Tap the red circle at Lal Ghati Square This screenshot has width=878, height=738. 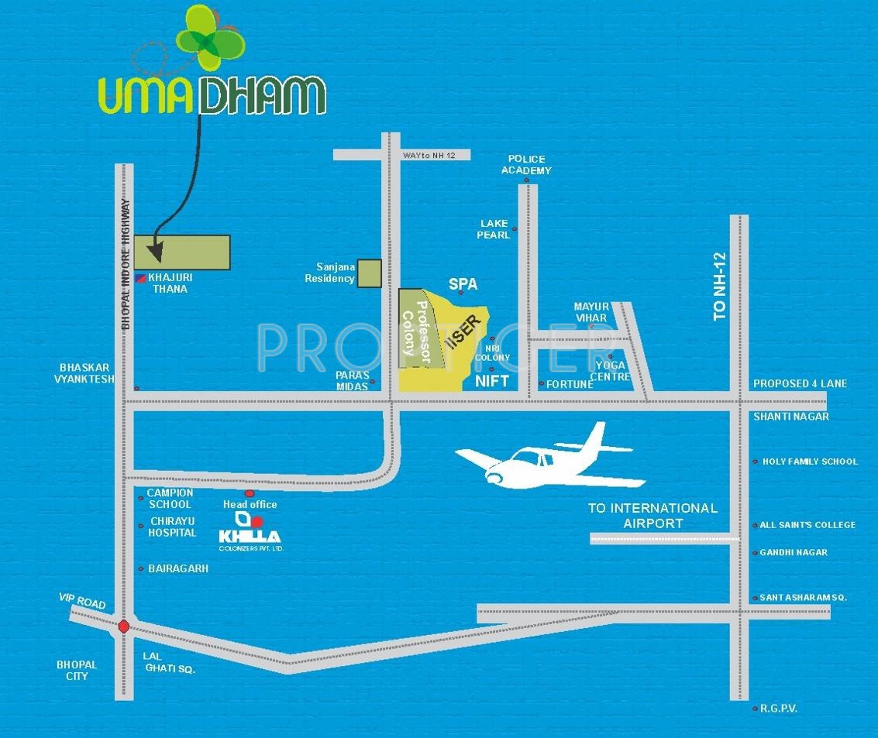click(x=123, y=626)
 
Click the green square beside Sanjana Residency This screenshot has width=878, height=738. click(x=369, y=273)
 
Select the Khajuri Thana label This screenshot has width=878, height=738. click(x=167, y=283)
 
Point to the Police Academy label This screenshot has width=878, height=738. click(x=526, y=164)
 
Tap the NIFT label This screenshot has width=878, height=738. click(x=492, y=381)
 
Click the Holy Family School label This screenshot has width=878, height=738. click(x=810, y=462)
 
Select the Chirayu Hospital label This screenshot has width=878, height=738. click(x=173, y=527)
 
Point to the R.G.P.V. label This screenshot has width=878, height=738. click(x=779, y=709)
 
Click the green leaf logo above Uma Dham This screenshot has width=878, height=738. click(x=208, y=38)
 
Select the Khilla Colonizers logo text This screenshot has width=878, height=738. click(x=250, y=537)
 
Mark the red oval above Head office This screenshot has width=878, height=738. click(x=250, y=493)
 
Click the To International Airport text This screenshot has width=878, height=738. click(x=652, y=516)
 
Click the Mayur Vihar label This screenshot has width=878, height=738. click(x=591, y=312)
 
